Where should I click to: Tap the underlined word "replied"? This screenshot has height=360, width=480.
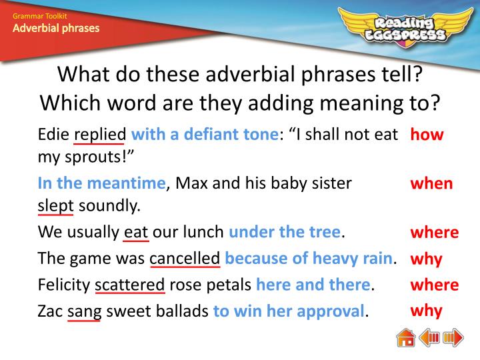(x=99, y=135)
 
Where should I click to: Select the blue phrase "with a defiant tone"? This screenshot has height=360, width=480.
(x=204, y=135)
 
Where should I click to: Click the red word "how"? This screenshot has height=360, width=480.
(x=427, y=135)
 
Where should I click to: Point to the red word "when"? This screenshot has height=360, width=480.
(x=431, y=183)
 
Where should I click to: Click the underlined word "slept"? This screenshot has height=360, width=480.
(x=55, y=205)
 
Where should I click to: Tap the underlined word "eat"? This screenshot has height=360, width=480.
(x=136, y=232)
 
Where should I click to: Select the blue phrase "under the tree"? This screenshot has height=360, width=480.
(x=285, y=232)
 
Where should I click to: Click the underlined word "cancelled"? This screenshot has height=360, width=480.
(x=185, y=258)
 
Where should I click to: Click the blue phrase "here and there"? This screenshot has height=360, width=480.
(x=313, y=285)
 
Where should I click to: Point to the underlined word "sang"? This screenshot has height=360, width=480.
(x=84, y=311)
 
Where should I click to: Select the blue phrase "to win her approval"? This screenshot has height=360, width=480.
(x=289, y=311)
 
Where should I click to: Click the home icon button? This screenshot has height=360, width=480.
(x=406, y=338)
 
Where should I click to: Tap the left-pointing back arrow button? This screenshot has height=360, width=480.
(x=430, y=338)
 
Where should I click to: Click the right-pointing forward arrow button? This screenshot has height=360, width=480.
(x=453, y=338)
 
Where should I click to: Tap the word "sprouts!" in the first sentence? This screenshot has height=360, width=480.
(x=96, y=157)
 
